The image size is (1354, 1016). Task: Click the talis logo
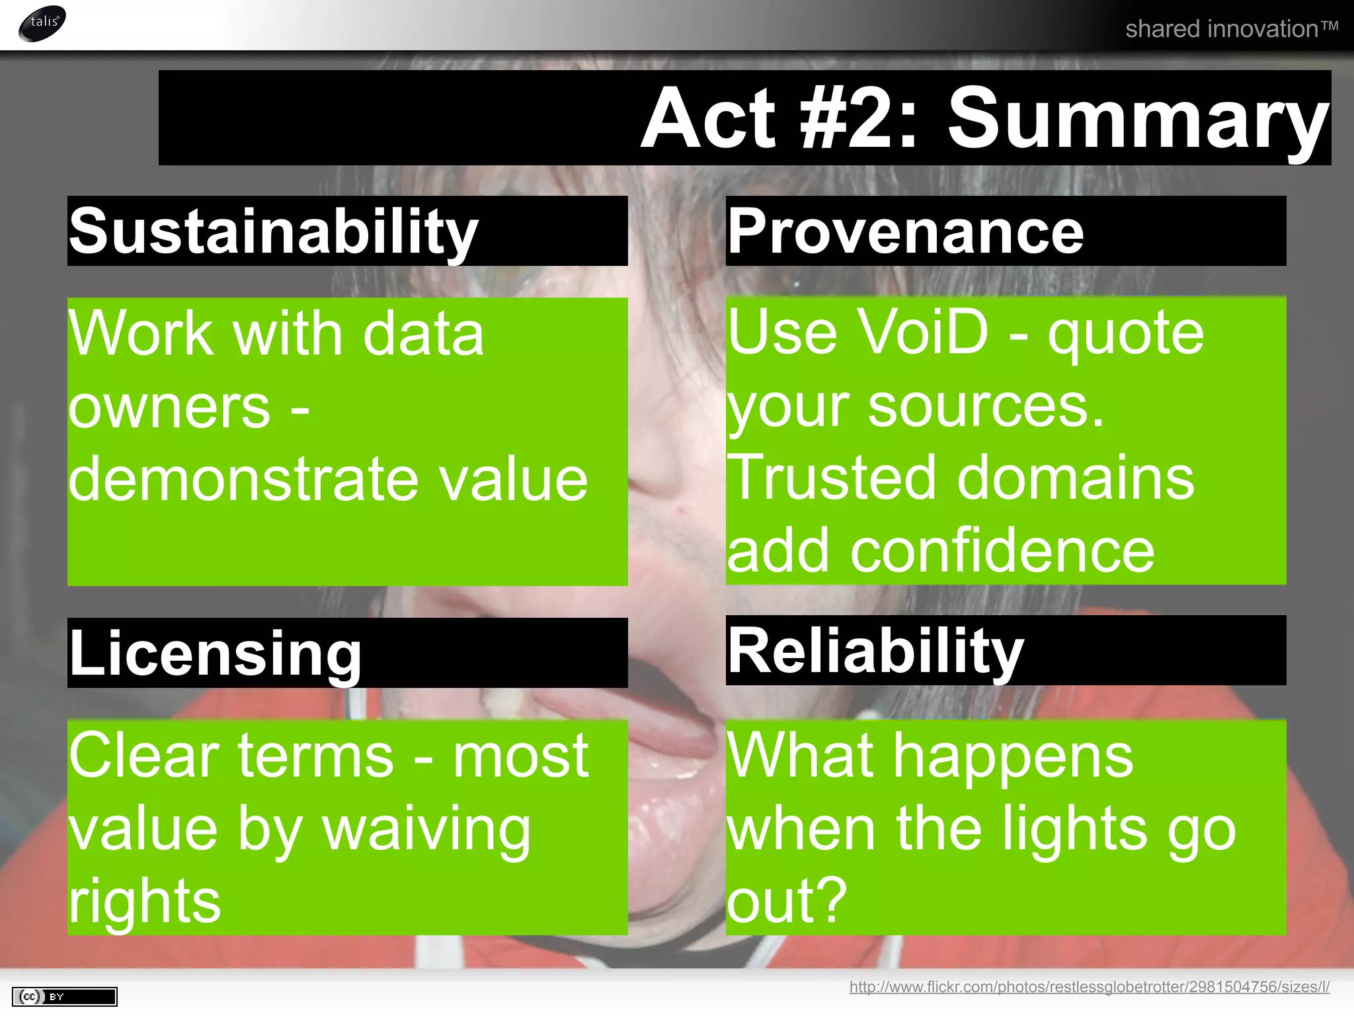tap(42, 23)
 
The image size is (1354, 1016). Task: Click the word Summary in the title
tap(1137, 119)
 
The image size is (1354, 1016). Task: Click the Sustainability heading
tap(274, 232)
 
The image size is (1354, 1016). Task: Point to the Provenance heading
tap(906, 232)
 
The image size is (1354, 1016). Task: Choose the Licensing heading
tap(216, 654)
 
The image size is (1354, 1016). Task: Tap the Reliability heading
tap(875, 651)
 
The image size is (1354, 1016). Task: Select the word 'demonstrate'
tap(243, 479)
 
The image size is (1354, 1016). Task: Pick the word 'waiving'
tap(427, 829)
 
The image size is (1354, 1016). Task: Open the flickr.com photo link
tap(1090, 987)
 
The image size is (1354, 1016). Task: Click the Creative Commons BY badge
tap(64, 996)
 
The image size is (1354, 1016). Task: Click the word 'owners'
tap(169, 407)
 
